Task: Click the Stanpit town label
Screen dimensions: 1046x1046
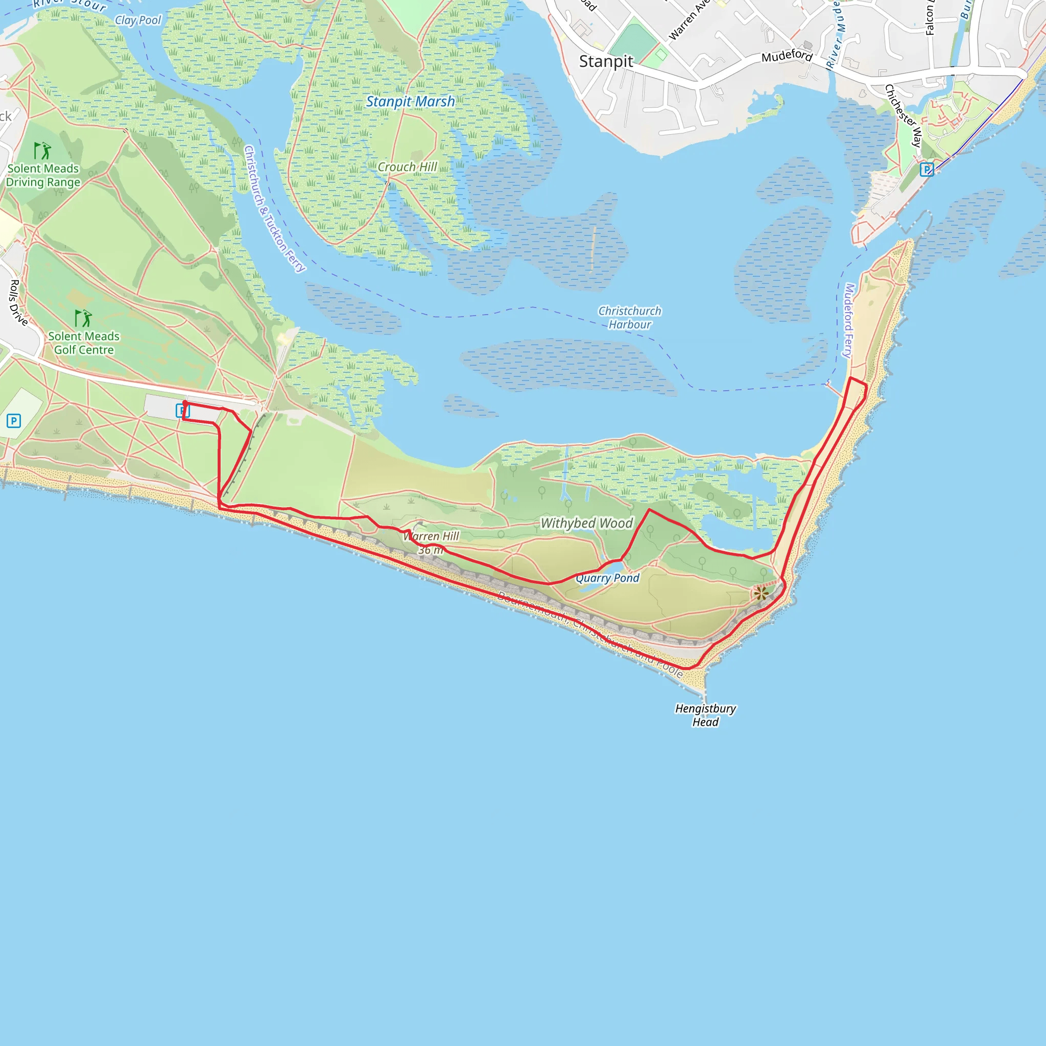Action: (x=606, y=62)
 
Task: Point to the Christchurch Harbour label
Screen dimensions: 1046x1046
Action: (x=630, y=318)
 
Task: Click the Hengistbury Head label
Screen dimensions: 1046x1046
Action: (x=705, y=715)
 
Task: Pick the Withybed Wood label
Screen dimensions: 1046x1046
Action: (x=587, y=523)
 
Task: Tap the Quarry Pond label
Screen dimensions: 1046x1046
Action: (x=607, y=578)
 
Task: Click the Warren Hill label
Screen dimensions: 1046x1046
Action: (x=432, y=537)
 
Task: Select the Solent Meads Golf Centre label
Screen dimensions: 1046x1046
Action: (x=83, y=343)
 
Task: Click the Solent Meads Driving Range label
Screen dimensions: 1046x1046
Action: (x=43, y=175)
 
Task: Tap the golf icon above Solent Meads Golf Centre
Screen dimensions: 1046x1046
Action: (x=83, y=318)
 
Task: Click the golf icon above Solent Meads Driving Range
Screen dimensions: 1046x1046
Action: (x=42, y=151)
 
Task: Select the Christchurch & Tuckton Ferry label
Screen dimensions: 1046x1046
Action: (x=274, y=208)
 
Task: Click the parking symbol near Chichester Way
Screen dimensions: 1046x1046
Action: (x=927, y=170)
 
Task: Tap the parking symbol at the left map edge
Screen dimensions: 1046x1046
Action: (x=14, y=421)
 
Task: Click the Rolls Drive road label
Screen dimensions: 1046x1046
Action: (x=18, y=303)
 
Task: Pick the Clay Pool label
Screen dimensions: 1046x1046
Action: (x=138, y=20)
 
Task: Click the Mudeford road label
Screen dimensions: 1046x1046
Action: (x=787, y=56)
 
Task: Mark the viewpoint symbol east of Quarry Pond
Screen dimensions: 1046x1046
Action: (x=761, y=593)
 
